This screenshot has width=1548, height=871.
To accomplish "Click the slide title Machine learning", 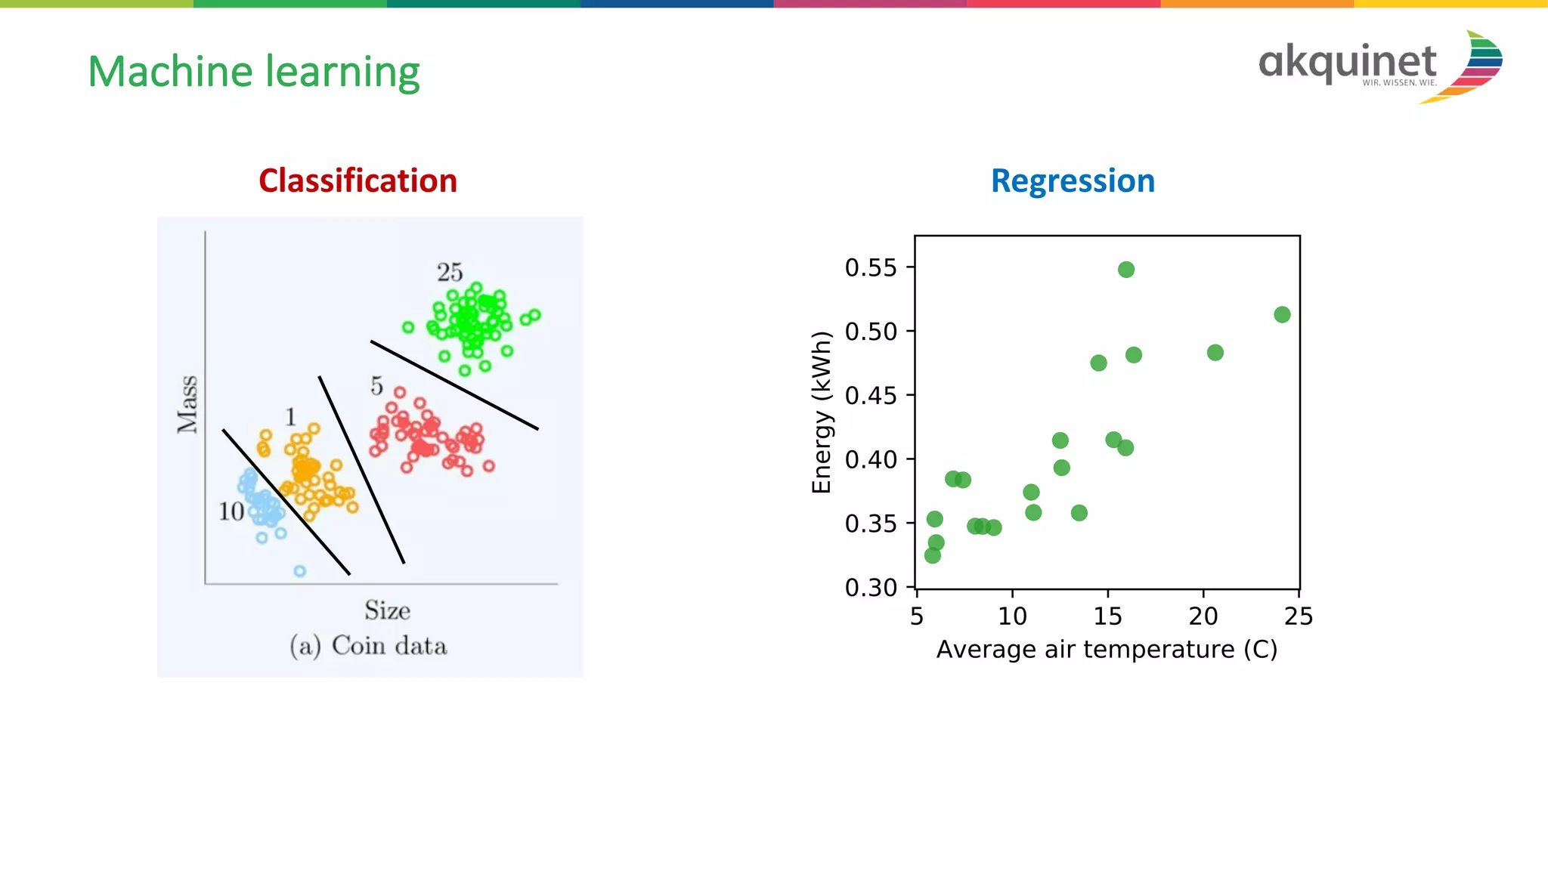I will tap(253, 73).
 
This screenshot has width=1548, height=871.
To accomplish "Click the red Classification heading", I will tap(358, 181).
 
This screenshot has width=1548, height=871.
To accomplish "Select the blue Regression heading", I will tap(1073, 181).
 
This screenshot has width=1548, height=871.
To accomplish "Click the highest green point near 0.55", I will tap(1125, 270).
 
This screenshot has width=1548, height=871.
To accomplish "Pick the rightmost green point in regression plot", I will tap(1282, 314).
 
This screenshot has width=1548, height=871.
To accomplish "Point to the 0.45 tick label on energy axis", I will tap(870, 395).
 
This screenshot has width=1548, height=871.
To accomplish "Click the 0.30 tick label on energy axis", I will tap(870, 587).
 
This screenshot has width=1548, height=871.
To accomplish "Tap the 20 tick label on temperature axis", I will tap(1203, 616).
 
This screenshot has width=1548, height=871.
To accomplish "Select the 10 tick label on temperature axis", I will tap(1012, 616).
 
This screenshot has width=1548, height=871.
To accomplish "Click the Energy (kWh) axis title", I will tap(822, 412).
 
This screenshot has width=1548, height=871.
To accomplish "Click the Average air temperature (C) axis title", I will tap(1107, 650).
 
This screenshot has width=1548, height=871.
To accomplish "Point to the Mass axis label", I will tap(187, 404).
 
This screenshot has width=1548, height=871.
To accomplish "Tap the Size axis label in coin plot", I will tap(387, 610).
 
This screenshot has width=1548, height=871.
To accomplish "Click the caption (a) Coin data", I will tap(368, 646).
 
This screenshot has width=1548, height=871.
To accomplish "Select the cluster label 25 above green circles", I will tap(449, 272).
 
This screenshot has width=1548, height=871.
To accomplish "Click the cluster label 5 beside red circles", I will tap(376, 386).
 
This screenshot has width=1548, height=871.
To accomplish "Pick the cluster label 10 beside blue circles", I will tap(231, 511).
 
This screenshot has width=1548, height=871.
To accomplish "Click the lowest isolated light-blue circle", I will tap(299, 571).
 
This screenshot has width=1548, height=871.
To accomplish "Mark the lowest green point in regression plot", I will tap(932, 555).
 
